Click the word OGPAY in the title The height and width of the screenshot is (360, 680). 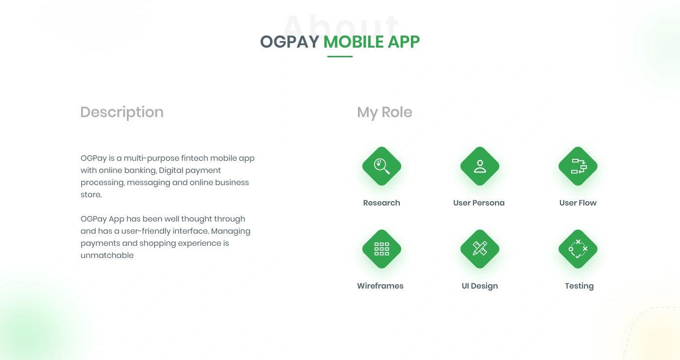tap(289, 42)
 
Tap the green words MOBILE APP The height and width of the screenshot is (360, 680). tap(372, 42)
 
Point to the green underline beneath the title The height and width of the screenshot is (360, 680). tap(340, 56)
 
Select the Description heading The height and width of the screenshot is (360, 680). tap(122, 113)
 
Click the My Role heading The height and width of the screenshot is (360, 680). tap(385, 113)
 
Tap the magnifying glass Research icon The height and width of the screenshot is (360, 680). tap(382, 166)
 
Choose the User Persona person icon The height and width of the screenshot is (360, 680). tap(480, 166)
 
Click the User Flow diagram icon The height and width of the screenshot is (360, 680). tap(578, 166)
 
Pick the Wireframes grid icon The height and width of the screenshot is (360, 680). tap(382, 249)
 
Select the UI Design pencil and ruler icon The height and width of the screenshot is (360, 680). tap(480, 249)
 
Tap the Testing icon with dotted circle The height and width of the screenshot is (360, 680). tap(578, 249)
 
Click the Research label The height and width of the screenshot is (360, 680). tap(382, 203)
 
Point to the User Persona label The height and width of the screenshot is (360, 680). tap(479, 203)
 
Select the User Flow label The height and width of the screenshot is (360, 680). tap(578, 203)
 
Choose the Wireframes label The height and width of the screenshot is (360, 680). tap(380, 286)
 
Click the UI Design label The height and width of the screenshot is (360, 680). tap(480, 286)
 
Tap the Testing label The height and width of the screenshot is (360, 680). tap(579, 286)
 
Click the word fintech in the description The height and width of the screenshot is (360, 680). tap(195, 158)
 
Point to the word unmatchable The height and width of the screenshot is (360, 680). tap(107, 255)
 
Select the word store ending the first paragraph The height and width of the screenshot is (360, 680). tap(91, 194)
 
